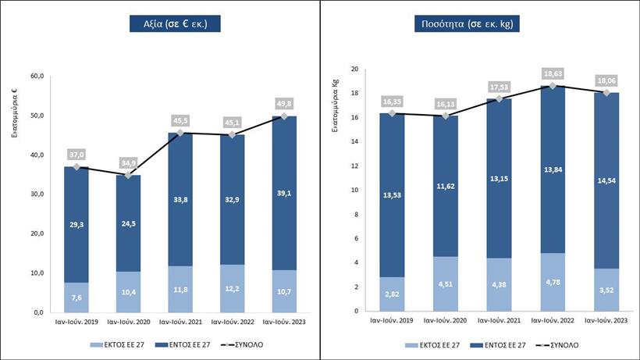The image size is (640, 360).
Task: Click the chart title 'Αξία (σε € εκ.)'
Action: pos(175,24)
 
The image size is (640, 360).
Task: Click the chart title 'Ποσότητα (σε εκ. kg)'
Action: pos(468,24)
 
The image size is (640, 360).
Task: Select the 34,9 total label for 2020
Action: pos(129,162)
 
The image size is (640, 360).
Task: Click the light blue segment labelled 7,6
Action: pos(76,297)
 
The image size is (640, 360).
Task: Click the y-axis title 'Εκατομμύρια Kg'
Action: pos(336,118)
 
